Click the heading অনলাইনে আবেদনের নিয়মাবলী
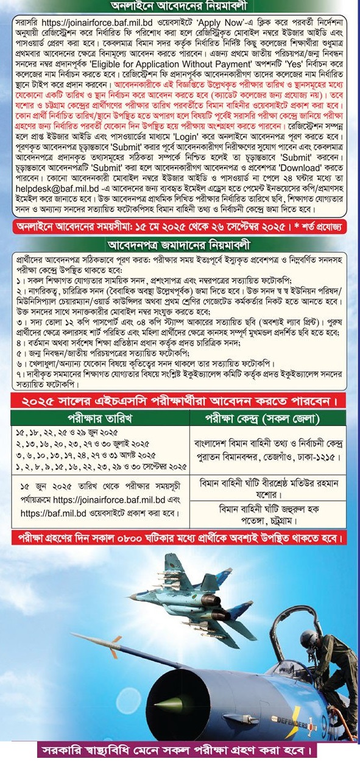tap(180, 6)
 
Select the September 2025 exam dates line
tap(100, 466)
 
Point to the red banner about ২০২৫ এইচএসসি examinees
tap(180, 401)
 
